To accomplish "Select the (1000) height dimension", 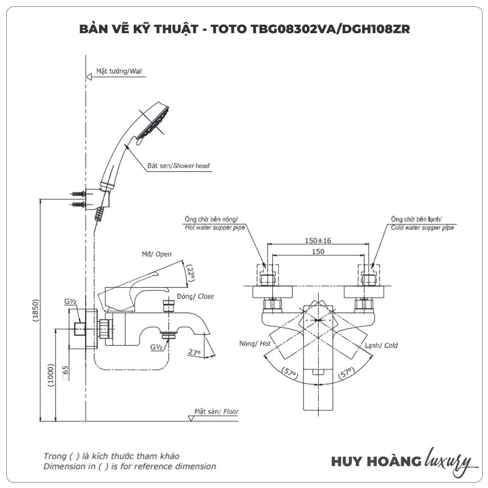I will click(x=51, y=376).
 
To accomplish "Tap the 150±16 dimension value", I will click(x=318, y=241).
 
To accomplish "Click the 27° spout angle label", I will click(x=194, y=352).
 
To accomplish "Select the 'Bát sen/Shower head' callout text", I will click(x=178, y=166).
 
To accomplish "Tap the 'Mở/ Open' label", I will click(x=157, y=254).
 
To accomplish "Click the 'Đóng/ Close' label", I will click(x=195, y=296).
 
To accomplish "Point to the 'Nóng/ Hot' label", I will click(x=255, y=344).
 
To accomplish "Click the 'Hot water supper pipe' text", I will click(x=214, y=227).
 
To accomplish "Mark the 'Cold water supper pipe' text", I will click(x=422, y=227).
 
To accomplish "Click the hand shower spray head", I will click(x=154, y=122).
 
